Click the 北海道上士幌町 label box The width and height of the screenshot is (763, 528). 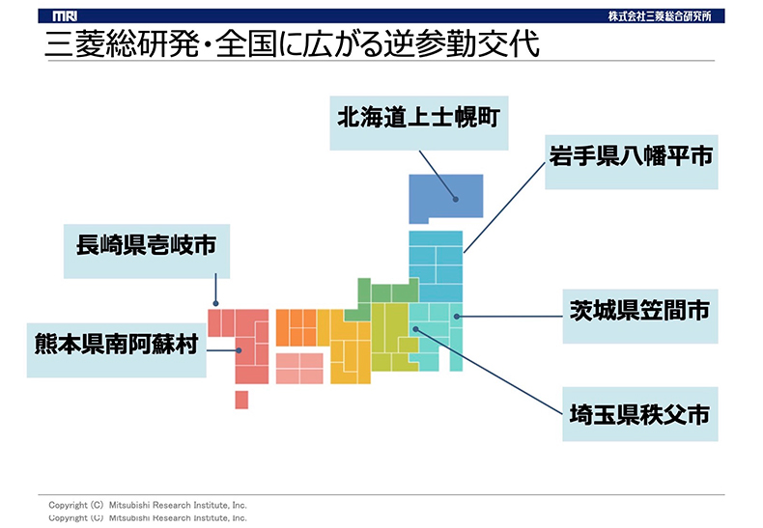419,123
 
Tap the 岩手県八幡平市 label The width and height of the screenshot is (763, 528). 631,162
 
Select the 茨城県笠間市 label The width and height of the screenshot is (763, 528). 640,317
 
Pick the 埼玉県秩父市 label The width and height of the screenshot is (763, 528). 640,414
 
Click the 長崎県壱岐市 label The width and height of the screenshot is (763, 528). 147,251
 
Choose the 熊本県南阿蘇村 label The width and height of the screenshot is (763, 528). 116,350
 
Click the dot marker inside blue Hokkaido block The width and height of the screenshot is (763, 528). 456,199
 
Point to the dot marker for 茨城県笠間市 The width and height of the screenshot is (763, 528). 457,317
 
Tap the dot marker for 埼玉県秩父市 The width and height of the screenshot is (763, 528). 415,329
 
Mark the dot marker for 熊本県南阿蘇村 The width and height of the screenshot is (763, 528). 239,350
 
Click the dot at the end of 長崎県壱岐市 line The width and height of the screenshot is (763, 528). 215,303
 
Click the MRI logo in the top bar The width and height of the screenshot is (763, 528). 65,16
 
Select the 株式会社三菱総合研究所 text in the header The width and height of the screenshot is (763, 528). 660,16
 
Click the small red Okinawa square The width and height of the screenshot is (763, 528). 241,400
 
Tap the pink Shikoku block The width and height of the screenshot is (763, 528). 299,369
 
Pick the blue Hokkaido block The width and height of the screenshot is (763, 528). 446,197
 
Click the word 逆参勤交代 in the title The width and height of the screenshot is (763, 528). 462,43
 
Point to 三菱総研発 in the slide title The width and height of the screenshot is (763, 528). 122,43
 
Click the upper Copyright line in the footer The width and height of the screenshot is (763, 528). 148,505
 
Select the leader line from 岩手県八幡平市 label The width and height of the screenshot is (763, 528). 504,208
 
